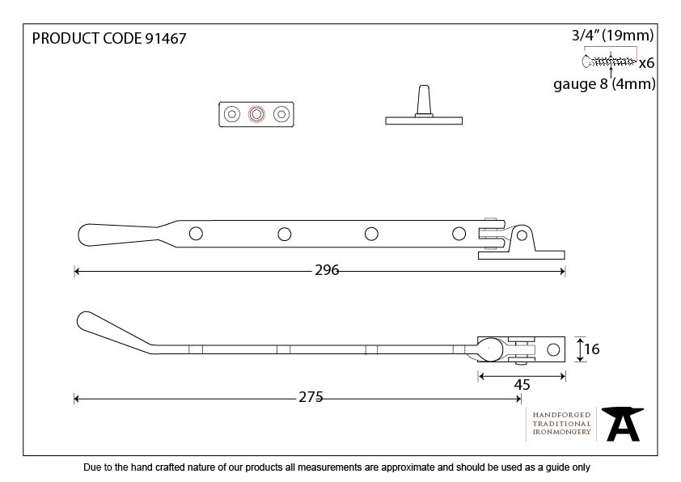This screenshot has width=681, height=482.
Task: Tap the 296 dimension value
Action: tap(327, 271)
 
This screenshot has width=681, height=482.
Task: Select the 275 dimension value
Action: tap(311, 396)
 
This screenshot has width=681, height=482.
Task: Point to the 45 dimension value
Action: tap(522, 386)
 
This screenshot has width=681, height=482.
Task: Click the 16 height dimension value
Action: tap(591, 349)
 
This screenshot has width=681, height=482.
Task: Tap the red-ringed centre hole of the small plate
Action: tap(256, 115)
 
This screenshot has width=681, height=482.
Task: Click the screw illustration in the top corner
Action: tap(608, 61)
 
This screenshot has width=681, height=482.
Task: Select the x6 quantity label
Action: tap(646, 63)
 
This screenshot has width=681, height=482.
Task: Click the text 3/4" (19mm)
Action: tap(612, 36)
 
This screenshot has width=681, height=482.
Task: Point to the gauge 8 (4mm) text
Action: tap(603, 84)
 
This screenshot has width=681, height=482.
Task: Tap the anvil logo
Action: tap(622, 424)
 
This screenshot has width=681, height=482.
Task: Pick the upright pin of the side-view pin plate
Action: tap(423, 101)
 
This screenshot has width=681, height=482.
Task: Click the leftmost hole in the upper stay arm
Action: tap(196, 234)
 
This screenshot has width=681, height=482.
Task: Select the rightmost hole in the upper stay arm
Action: tap(459, 234)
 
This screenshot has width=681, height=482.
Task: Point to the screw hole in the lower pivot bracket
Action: tap(554, 350)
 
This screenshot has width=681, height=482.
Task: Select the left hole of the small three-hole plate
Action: tap(232, 115)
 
